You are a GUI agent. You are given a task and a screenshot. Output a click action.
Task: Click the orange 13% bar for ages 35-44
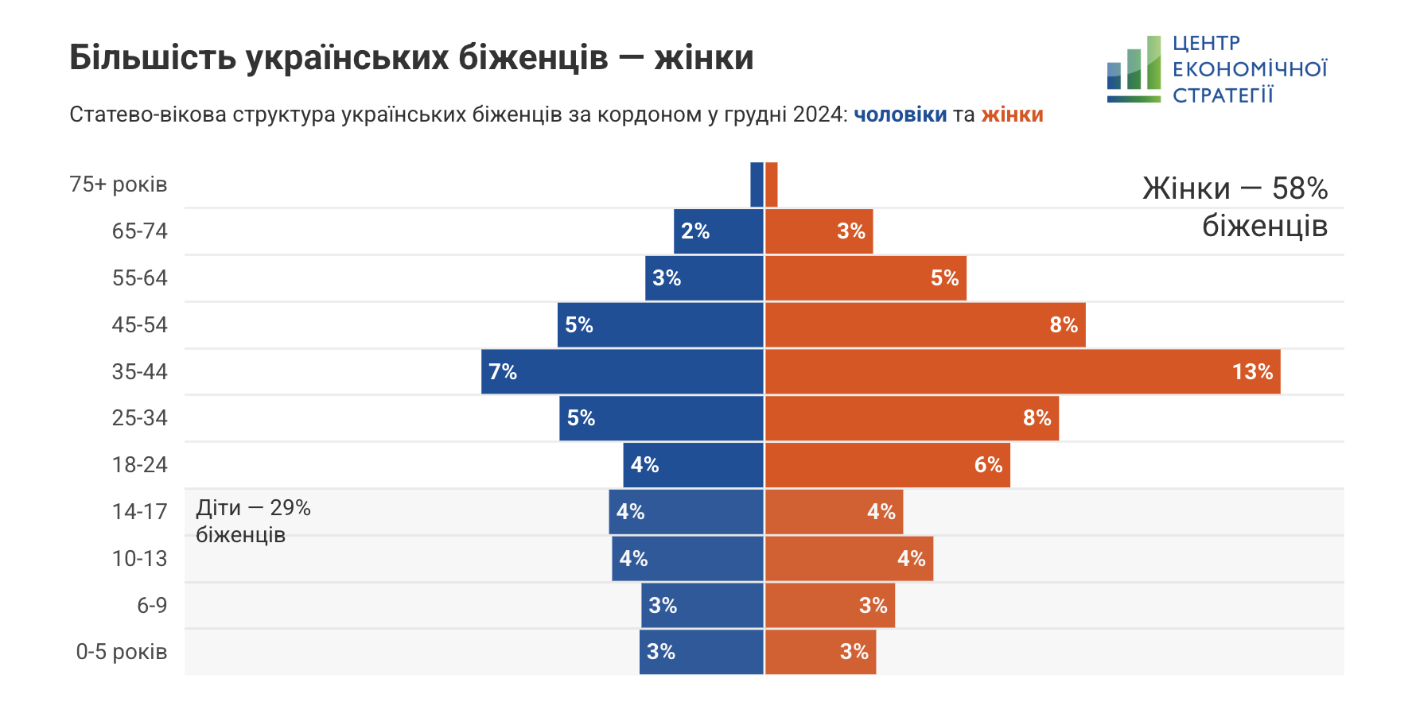point(1022,371)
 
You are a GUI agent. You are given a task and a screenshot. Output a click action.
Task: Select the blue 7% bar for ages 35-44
point(622,371)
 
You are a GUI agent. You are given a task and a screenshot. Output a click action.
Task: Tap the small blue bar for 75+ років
point(757,184)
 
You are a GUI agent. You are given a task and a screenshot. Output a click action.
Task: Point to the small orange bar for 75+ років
point(772,184)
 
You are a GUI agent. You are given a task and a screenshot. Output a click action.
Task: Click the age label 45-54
point(140,324)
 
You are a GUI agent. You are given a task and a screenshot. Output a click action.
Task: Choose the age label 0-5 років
point(122,652)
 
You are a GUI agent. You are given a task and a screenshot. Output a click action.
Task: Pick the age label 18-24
point(140,464)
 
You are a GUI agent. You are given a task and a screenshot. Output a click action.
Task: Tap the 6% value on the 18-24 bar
point(988,464)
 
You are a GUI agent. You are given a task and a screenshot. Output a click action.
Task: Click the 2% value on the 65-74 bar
point(695,231)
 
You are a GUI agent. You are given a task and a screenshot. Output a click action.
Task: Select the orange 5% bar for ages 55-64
point(866,278)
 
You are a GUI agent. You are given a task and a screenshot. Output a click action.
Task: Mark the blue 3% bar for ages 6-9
point(702,605)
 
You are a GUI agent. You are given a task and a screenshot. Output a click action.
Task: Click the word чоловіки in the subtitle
point(901,114)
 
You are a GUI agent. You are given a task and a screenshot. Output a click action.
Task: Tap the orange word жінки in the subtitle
point(1012,114)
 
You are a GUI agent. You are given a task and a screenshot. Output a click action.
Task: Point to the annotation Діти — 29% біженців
point(253,521)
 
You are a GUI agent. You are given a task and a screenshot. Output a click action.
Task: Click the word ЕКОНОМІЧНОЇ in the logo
point(1250,69)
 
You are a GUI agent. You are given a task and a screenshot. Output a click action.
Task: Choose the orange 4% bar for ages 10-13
point(849,559)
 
